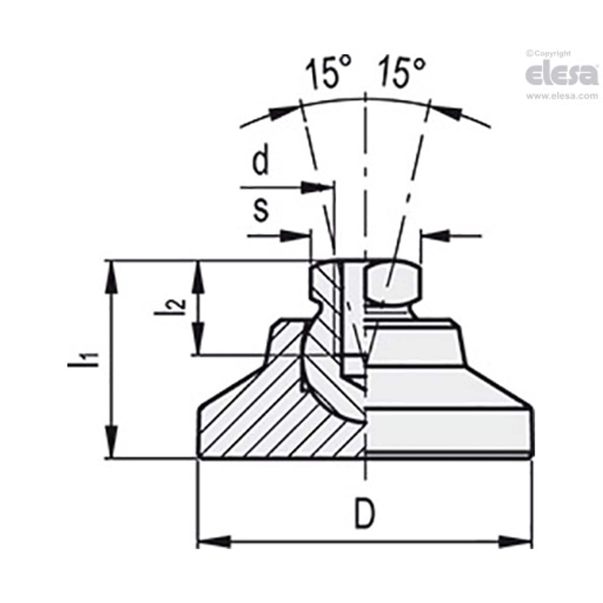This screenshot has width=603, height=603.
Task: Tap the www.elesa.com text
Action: (x=562, y=96)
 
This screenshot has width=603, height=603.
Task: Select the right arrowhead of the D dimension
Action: (x=516, y=541)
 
